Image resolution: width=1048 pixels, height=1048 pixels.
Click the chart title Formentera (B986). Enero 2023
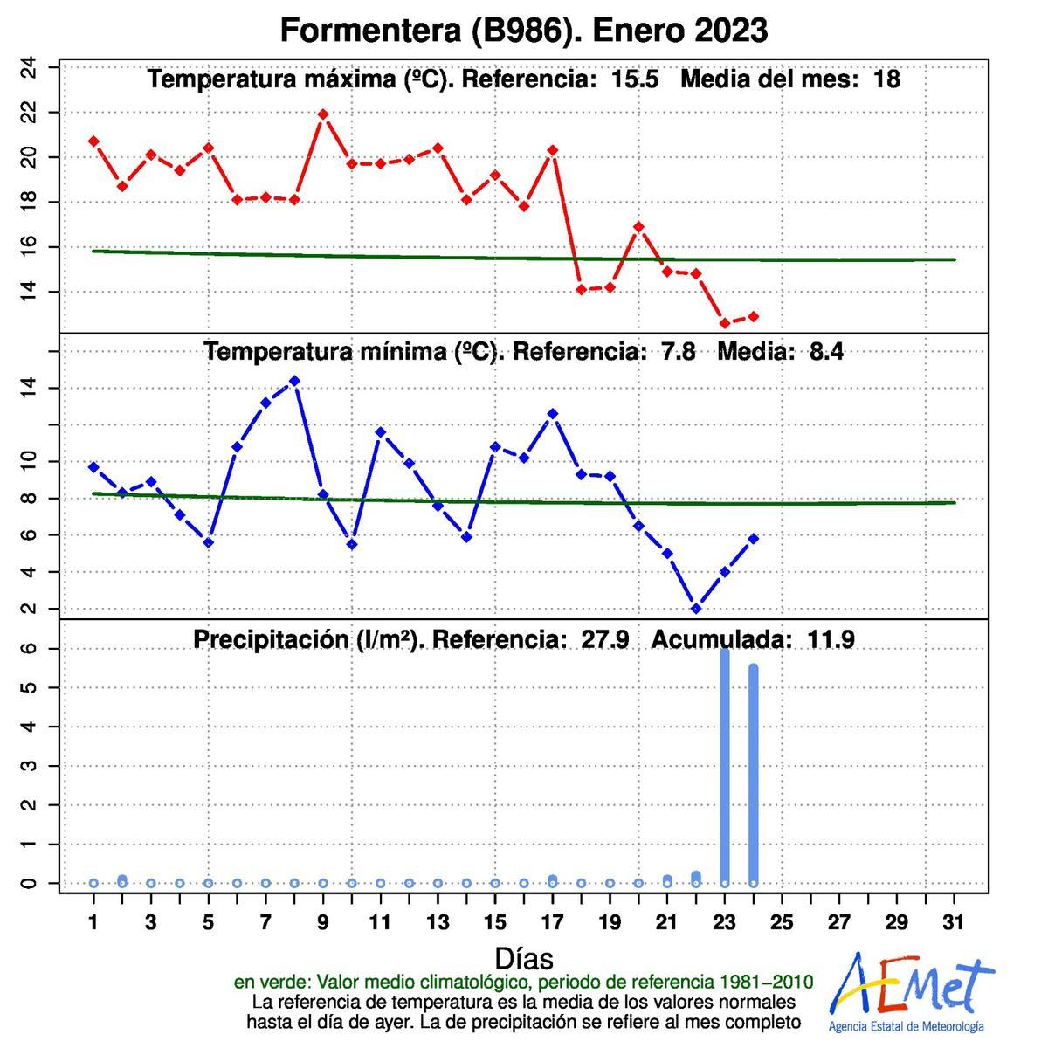(523, 31)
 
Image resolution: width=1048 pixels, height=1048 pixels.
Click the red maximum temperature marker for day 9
(323, 114)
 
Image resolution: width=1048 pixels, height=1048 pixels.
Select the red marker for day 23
(725, 323)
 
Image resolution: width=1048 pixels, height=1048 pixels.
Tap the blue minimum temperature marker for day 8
(294, 381)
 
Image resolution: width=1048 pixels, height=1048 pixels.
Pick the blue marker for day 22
(696, 609)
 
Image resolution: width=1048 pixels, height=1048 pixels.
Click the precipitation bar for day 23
(725, 765)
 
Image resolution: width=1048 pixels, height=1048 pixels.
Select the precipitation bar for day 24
(754, 774)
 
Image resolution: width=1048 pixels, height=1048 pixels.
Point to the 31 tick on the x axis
(954, 922)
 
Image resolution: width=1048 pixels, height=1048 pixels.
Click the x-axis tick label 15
(495, 922)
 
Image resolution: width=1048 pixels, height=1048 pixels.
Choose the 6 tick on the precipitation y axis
(30, 649)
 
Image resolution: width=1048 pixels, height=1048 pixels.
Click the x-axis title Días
(524, 958)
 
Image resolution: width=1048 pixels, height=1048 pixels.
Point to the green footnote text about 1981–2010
(523, 982)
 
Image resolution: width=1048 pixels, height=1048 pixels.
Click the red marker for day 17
(552, 150)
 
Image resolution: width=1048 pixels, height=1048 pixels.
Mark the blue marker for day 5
(208, 542)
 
